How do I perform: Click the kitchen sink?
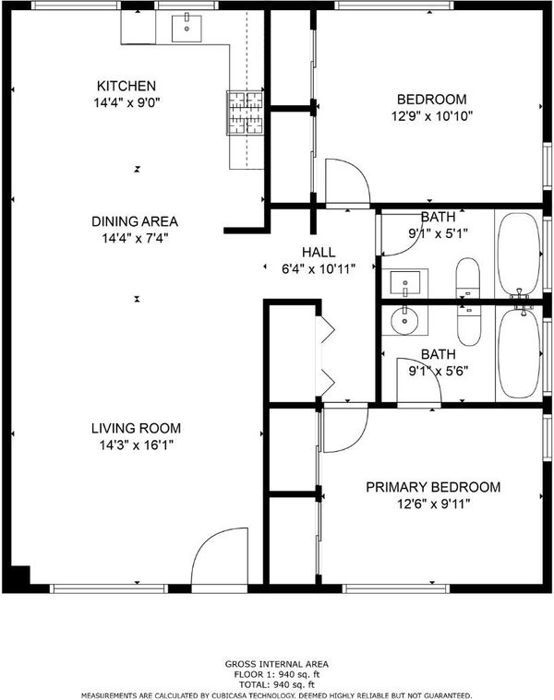click(187, 28)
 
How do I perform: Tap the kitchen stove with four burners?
click(245, 113)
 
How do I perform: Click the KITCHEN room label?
click(126, 86)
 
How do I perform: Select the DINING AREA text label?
click(135, 221)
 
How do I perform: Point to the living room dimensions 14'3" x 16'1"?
click(137, 445)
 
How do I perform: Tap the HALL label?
click(319, 252)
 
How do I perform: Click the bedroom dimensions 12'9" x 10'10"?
click(432, 116)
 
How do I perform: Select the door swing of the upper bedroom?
click(347, 183)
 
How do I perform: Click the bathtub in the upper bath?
click(519, 255)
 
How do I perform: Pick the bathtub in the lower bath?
click(519, 352)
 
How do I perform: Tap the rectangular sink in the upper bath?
click(404, 283)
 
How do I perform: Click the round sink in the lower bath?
click(404, 320)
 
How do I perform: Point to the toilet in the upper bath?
click(468, 278)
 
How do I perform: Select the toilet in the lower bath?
click(469, 326)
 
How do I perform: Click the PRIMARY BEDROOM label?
click(433, 487)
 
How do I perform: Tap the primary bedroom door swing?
click(345, 428)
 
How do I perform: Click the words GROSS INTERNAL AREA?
click(277, 664)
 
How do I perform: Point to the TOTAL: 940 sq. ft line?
click(277, 684)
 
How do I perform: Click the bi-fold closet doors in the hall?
click(326, 356)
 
